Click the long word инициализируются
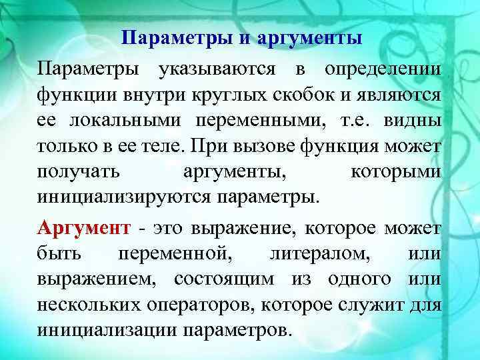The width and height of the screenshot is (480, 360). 124,198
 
